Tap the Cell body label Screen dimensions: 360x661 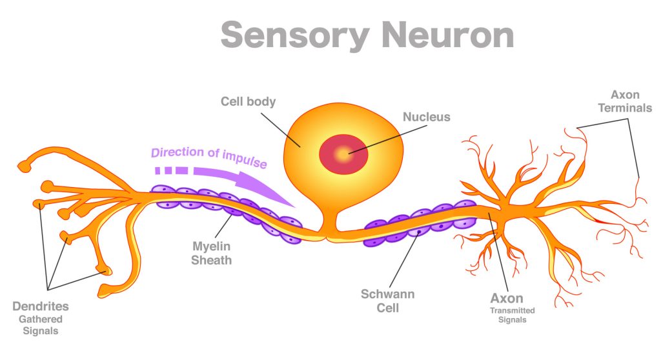click(x=248, y=101)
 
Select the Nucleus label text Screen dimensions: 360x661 click(x=426, y=117)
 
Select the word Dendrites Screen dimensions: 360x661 click(x=40, y=306)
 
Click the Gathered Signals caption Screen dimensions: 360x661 click(x=40, y=325)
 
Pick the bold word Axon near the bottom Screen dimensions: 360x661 click(x=507, y=299)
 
